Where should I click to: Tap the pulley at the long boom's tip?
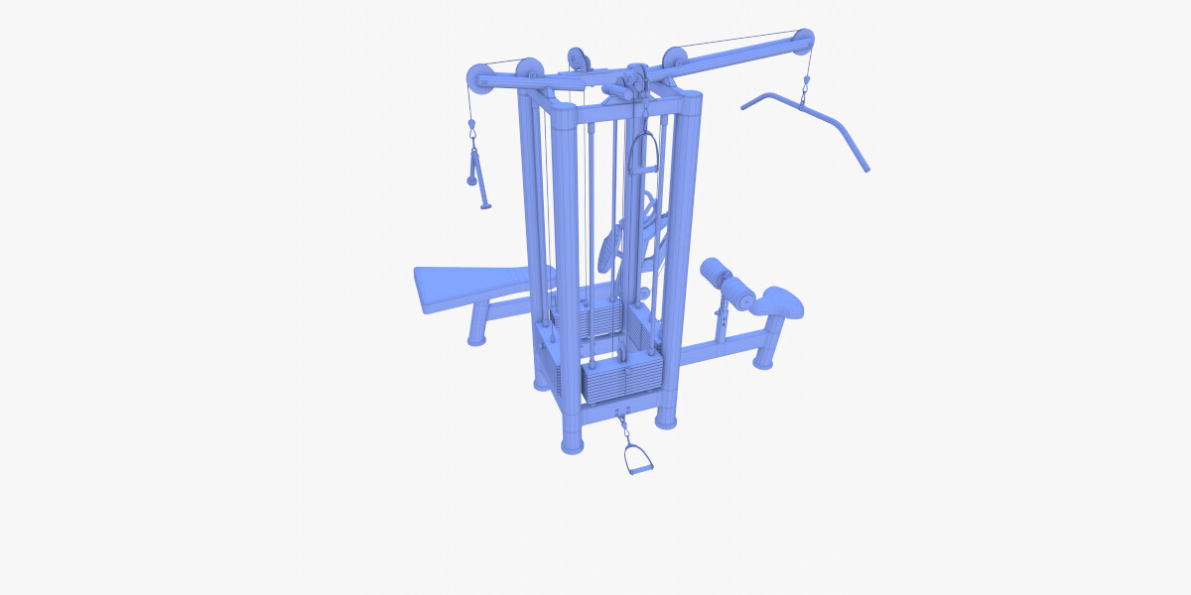click(802, 42)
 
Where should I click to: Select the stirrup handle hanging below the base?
click(637, 460)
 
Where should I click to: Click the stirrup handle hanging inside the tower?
click(646, 154)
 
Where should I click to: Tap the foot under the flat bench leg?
click(477, 339)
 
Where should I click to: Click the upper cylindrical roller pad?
click(716, 271)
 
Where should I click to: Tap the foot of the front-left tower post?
click(573, 441)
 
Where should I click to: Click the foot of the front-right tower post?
click(666, 418)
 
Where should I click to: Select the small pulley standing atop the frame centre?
click(578, 59)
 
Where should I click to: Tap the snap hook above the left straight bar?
click(473, 128)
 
